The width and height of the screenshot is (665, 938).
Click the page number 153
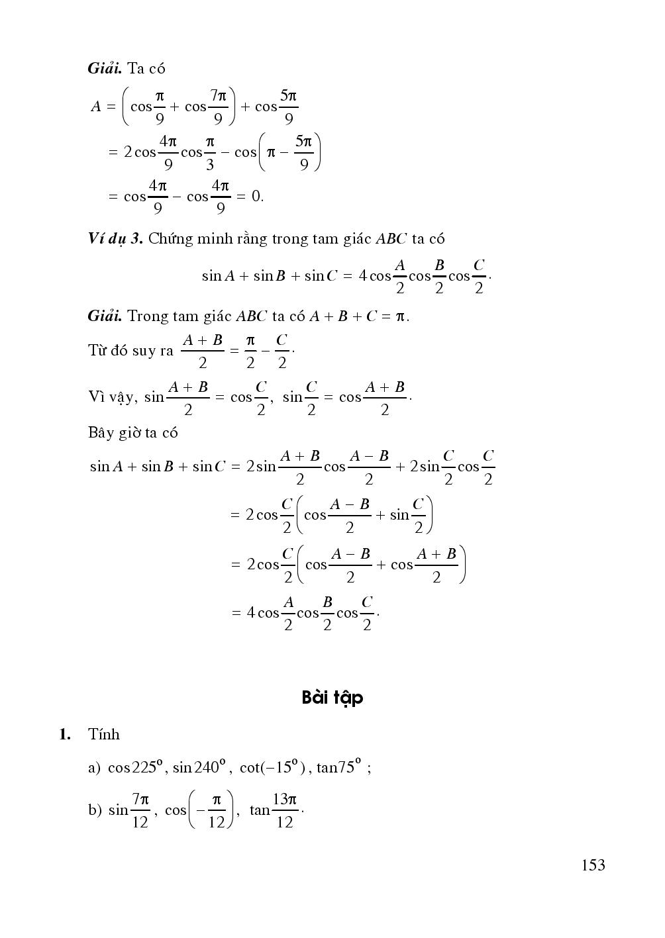[x=593, y=865]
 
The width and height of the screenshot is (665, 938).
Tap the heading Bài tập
[x=332, y=698]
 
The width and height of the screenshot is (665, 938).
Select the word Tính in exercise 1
[x=103, y=734]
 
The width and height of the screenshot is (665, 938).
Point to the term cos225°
[x=136, y=767]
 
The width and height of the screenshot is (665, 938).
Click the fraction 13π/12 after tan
[x=285, y=810]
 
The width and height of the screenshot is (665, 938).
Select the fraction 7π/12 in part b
[x=140, y=810]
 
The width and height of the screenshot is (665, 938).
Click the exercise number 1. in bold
[x=64, y=734]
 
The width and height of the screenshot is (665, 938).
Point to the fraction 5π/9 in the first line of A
[x=288, y=107]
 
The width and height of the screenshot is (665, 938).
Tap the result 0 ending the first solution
[x=257, y=196]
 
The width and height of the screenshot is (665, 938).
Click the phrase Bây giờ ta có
[x=132, y=433]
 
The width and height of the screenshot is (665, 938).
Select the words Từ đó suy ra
[x=130, y=350]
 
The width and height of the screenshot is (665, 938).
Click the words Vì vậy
[x=111, y=397]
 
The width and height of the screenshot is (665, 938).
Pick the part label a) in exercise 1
[x=93, y=768]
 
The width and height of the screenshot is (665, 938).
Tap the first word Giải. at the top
[x=104, y=68]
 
